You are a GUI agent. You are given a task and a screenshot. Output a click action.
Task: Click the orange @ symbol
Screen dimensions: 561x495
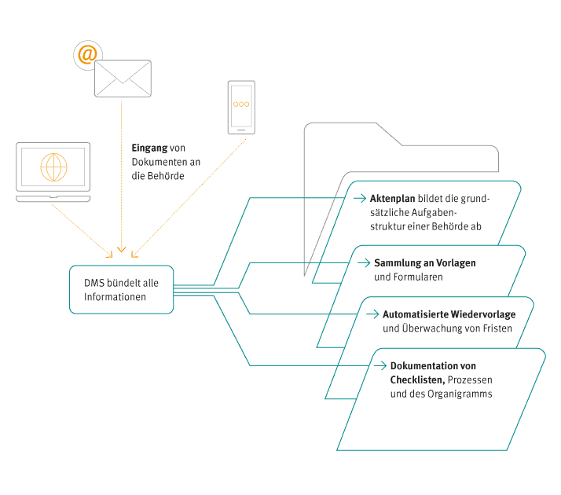pyautogui.click(x=87, y=55)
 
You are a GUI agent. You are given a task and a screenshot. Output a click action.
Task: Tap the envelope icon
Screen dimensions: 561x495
pyautogui.click(x=123, y=79)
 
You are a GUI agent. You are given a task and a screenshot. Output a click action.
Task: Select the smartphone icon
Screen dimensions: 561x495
pyautogui.click(x=241, y=108)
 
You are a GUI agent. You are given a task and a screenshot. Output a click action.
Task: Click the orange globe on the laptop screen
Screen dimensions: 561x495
pyautogui.click(x=53, y=167)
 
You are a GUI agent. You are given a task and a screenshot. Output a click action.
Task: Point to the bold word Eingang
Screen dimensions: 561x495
pyautogui.click(x=149, y=148)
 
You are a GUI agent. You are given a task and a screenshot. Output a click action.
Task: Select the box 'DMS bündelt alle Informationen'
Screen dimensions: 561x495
pyautogui.click(x=121, y=290)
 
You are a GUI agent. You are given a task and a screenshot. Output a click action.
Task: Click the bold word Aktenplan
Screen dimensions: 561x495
pyautogui.click(x=393, y=199)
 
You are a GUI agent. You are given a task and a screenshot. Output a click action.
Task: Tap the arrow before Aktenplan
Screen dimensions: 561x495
pyautogui.click(x=360, y=198)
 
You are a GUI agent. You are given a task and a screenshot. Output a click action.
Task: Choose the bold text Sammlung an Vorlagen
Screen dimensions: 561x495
pyautogui.click(x=425, y=263)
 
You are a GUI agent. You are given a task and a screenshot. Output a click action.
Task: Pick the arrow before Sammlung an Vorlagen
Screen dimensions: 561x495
pyautogui.click(x=364, y=263)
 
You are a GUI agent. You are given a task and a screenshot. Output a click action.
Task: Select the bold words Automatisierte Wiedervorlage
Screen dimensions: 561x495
pyautogui.click(x=449, y=314)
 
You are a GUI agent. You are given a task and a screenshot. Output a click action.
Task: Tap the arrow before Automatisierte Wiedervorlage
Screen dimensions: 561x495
pyautogui.click(x=372, y=314)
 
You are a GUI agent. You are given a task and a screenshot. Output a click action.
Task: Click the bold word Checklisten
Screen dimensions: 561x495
pyautogui.click(x=417, y=379)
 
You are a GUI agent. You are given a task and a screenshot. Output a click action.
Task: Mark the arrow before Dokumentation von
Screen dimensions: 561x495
pyautogui.click(x=380, y=365)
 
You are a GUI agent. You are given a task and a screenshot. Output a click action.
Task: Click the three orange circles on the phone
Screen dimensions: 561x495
pyautogui.click(x=241, y=104)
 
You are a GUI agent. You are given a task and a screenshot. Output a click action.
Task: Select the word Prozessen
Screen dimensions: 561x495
pyautogui.click(x=470, y=379)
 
